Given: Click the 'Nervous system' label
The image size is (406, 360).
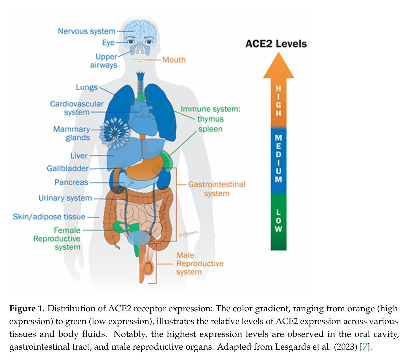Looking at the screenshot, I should (x=86, y=31).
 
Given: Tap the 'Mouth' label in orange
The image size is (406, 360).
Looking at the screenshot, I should (x=174, y=60).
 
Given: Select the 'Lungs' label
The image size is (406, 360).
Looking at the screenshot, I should (x=87, y=87).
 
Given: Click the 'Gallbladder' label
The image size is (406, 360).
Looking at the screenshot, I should (x=68, y=168).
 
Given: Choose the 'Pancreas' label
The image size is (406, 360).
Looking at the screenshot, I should (x=71, y=182).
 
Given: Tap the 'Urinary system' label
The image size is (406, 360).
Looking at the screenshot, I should (x=65, y=198).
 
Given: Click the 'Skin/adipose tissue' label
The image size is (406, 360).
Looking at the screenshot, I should (x=49, y=217).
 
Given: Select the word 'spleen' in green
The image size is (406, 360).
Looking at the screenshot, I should (x=210, y=129).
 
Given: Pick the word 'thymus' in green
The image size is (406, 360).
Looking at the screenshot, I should (x=210, y=119).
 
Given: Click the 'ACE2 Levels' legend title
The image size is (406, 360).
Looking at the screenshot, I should (x=276, y=44).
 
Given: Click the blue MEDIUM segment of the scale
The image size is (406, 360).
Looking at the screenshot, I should (x=278, y=160).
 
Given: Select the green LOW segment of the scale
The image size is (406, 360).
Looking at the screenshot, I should (x=278, y=221).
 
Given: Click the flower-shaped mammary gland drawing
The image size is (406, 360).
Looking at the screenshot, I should (x=115, y=133).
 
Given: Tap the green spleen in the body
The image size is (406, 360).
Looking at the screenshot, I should (x=166, y=160).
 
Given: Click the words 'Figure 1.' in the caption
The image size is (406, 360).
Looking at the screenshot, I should (x=27, y=309).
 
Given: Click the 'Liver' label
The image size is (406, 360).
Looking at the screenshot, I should (x=79, y=156).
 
